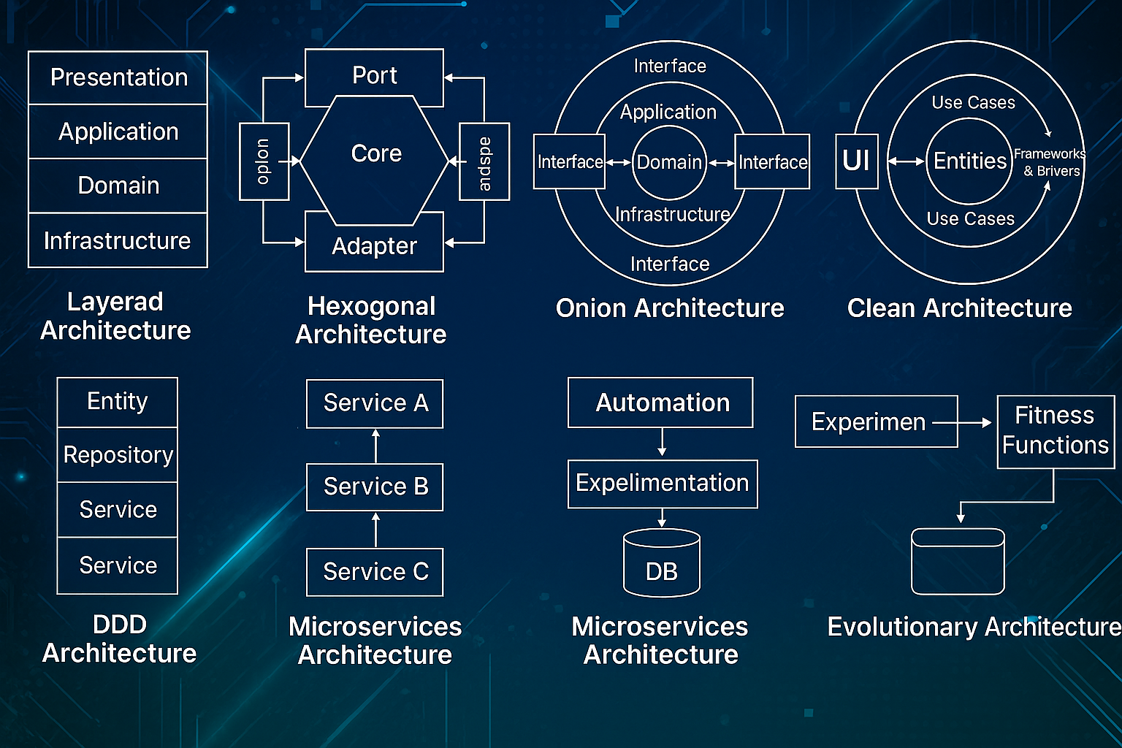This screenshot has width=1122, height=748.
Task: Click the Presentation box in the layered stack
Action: [118, 77]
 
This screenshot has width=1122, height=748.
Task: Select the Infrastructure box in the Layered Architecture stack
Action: [118, 240]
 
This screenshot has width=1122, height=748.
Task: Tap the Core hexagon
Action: [375, 154]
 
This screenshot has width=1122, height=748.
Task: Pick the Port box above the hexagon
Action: [374, 76]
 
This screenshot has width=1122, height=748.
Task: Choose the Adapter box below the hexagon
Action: [374, 246]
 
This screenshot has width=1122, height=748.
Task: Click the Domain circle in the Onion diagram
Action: [669, 162]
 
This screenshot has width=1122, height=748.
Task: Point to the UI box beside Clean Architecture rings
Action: [856, 161]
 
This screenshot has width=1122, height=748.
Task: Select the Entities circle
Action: [969, 161]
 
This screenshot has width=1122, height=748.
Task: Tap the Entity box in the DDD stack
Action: [118, 402]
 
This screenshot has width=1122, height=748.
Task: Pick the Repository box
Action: [118, 455]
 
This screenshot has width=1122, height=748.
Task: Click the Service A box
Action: [375, 403]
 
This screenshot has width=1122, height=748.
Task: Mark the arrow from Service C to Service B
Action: [376, 530]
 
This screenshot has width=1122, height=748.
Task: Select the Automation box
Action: [661, 402]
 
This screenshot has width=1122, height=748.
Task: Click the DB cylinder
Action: [662, 565]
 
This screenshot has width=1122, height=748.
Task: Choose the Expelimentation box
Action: [663, 484]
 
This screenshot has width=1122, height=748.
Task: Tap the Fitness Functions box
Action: [1056, 431]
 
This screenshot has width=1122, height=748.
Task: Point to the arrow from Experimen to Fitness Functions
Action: [964, 422]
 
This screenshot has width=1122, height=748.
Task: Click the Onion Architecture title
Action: [670, 308]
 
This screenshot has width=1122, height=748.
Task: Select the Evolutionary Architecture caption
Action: [974, 627]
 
